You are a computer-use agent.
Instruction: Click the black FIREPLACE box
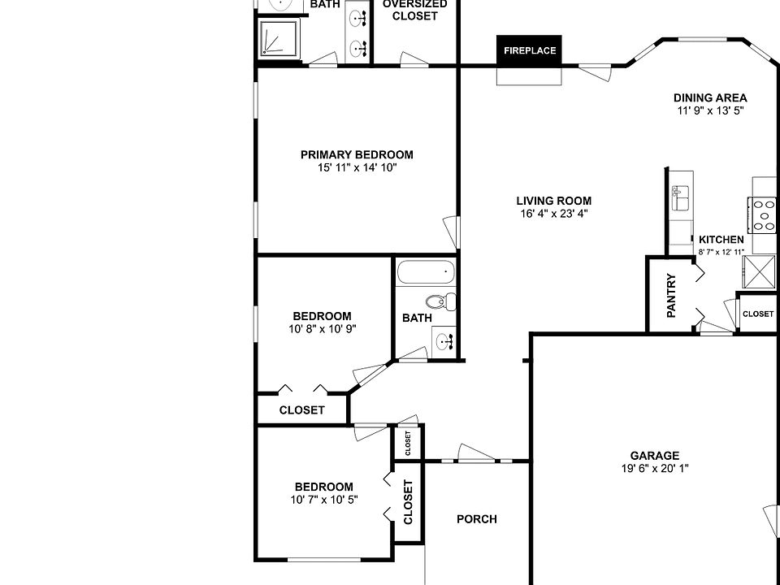(x=529, y=50)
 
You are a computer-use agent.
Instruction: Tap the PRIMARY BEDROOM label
(x=357, y=154)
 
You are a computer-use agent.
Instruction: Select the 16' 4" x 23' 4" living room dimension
(x=553, y=214)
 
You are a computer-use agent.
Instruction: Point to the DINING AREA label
(x=710, y=97)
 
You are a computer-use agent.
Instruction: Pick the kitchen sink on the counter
(x=680, y=197)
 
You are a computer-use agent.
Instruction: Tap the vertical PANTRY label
(x=671, y=296)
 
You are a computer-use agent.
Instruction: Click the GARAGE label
(x=654, y=456)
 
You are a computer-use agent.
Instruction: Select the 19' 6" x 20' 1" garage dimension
(x=654, y=468)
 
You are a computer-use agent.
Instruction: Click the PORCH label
(x=477, y=519)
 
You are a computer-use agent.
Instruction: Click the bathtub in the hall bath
(x=426, y=271)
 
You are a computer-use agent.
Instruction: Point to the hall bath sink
(x=444, y=342)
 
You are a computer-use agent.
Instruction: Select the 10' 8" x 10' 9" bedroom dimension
(x=323, y=329)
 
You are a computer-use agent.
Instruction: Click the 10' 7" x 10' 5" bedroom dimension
(x=324, y=500)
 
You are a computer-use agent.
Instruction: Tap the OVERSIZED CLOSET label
(x=414, y=10)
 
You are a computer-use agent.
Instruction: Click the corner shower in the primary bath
(x=279, y=37)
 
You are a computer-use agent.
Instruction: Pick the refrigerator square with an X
(x=759, y=272)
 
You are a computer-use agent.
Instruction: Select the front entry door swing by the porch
(x=475, y=453)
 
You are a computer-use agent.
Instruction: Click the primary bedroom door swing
(x=450, y=232)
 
